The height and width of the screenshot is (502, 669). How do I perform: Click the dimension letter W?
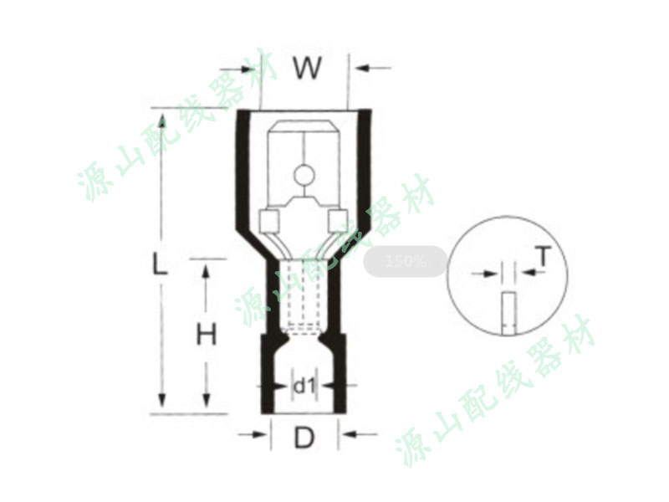(x=307, y=68)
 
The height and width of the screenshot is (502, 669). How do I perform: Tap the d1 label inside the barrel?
(x=304, y=387)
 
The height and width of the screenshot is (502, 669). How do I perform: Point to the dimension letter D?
(x=304, y=437)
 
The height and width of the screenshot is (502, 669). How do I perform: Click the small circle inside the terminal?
(x=304, y=176)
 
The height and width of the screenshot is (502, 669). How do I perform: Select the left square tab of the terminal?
(x=269, y=221)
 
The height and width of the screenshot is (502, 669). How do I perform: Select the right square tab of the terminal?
(x=339, y=221)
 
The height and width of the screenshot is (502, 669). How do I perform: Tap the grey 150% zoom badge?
(x=405, y=261)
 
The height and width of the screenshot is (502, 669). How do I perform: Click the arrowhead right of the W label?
(x=362, y=68)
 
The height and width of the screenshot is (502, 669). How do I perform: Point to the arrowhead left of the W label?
(x=248, y=69)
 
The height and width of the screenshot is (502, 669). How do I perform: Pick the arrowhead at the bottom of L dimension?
(x=161, y=401)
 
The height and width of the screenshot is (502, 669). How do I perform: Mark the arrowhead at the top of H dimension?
(x=207, y=271)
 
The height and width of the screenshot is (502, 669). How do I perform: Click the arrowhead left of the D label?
(x=259, y=434)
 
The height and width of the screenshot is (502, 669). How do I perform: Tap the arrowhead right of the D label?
(x=350, y=434)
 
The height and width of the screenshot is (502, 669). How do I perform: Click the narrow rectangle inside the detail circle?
(x=508, y=313)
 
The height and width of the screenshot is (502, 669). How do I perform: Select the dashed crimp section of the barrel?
(x=304, y=295)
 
